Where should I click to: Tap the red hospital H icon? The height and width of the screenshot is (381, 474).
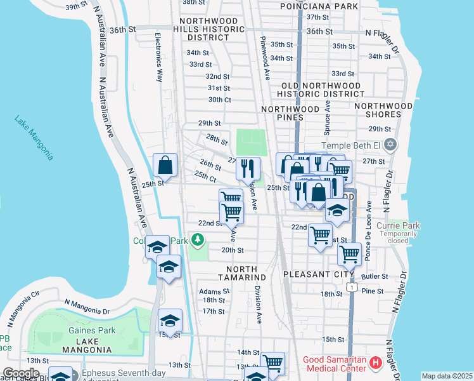coord(376,364)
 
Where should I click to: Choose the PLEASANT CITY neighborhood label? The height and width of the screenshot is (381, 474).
coord(313,274)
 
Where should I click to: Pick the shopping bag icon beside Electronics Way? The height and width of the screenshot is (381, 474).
coord(165,166)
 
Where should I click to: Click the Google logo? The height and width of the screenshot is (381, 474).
coord(22,373)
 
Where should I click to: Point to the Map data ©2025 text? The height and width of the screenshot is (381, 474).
coord(446,376)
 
